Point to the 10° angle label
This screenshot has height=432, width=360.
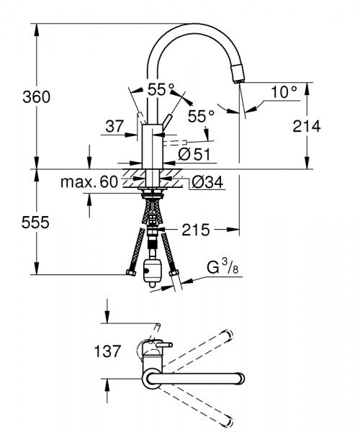284,91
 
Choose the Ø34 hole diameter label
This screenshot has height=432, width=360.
207,182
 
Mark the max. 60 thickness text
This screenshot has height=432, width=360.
89,183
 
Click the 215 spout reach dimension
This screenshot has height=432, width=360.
197,230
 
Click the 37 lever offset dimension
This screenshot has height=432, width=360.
114,126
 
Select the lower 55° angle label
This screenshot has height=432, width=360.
201,115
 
